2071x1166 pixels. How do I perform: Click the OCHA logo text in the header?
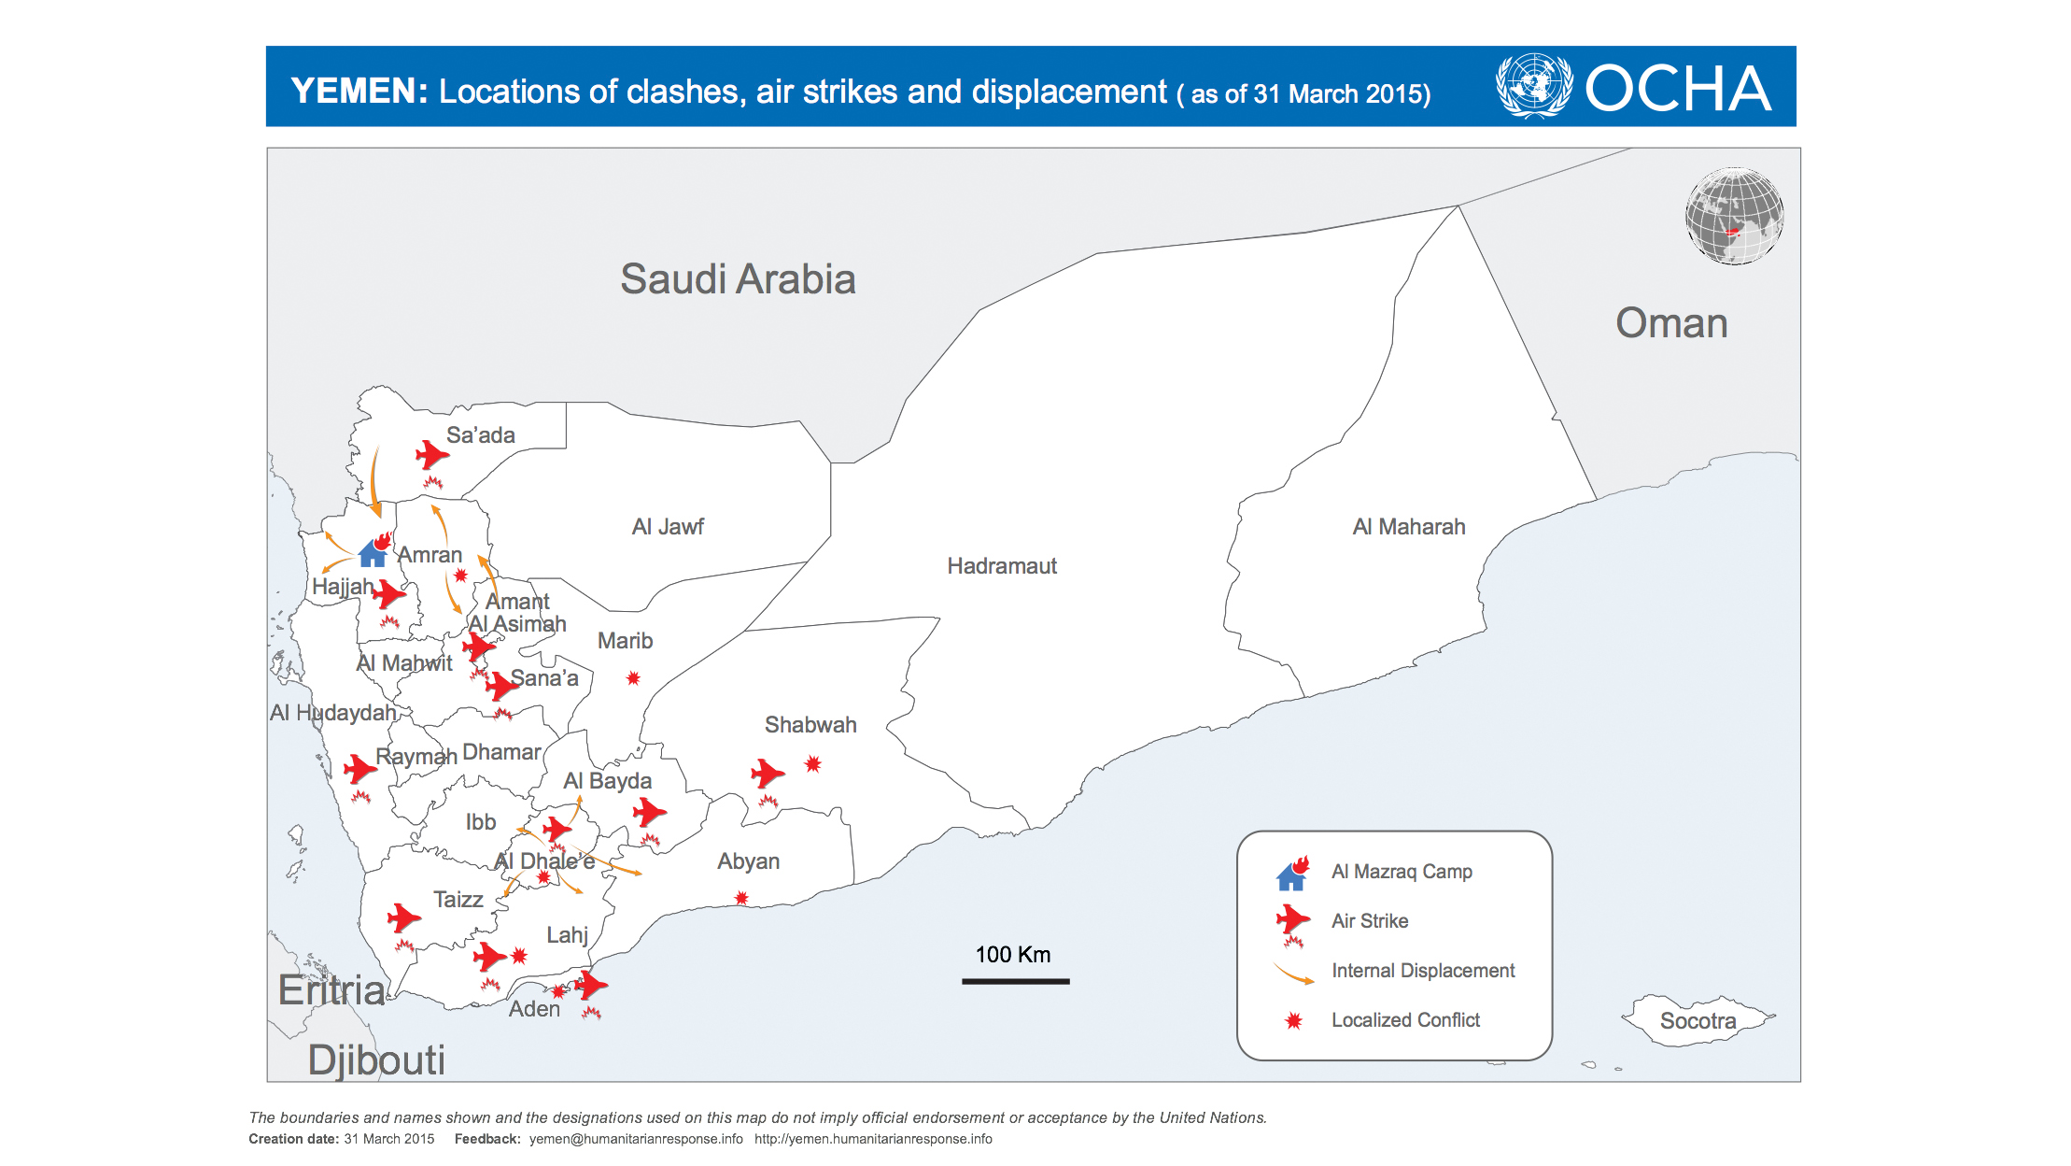coord(1677,89)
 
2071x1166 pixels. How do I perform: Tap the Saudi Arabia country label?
coord(738,279)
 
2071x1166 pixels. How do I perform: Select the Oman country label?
coord(1671,323)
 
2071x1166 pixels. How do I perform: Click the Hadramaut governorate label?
coord(1002,566)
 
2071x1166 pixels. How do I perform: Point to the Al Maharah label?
coord(1409,527)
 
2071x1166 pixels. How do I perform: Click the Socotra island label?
coord(1698,1021)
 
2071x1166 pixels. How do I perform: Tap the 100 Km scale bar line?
coord(1015,981)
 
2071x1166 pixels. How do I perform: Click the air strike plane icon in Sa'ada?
coord(431,455)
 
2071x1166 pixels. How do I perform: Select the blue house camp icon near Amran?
coord(373,555)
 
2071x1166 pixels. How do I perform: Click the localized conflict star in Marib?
coord(633,678)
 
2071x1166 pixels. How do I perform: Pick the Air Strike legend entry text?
coord(1370,921)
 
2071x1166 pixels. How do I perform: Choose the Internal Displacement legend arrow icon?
coord(1293,974)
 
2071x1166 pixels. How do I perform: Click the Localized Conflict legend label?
coord(1405,1020)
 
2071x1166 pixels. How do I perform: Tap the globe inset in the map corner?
coord(1734,217)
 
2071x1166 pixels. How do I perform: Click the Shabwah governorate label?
coord(810,725)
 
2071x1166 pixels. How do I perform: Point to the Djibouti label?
coord(376,1060)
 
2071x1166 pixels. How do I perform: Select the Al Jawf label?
coord(668,527)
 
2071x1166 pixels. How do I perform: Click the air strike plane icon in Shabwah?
coord(767,773)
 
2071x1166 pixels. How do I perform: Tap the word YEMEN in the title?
coord(359,92)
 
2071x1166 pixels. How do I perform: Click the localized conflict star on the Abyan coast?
coord(741,898)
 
